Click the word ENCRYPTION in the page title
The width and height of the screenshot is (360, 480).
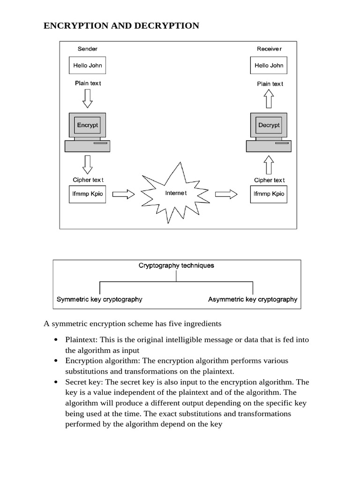76,26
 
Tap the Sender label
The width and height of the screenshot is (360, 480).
88,49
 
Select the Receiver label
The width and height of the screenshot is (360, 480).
269,49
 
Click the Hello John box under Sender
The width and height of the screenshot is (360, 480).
88,65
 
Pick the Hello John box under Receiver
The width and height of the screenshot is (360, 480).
269,65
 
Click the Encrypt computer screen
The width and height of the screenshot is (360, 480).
88,125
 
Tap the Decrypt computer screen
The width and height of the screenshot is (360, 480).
269,125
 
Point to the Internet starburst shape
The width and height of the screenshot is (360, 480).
175,193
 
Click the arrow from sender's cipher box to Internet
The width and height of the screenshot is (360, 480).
124,194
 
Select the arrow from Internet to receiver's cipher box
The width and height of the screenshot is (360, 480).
226,194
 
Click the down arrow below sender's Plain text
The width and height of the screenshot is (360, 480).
88,98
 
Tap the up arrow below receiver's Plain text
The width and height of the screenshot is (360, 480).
269,98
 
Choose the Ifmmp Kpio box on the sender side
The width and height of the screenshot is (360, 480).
88,194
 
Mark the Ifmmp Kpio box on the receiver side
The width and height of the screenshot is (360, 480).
269,194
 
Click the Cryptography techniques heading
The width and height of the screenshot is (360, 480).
176,265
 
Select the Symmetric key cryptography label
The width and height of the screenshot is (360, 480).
99,299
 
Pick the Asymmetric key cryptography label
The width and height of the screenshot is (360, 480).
253,299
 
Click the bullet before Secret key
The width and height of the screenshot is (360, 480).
56,382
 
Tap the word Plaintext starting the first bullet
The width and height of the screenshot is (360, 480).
81,340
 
